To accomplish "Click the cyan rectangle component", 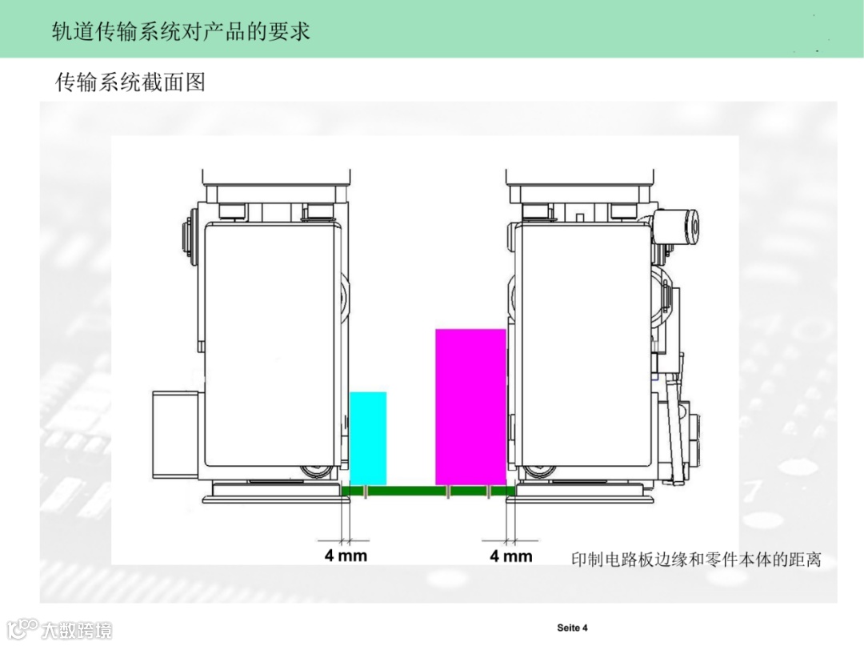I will click(x=368, y=438).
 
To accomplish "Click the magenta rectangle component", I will click(x=470, y=407).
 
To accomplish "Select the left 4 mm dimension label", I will click(x=346, y=555).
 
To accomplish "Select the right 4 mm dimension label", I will click(x=510, y=555).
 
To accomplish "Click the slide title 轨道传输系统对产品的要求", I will click(x=180, y=30).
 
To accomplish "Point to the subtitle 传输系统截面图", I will click(x=130, y=82).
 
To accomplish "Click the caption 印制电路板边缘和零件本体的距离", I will click(x=696, y=559).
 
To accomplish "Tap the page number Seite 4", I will click(x=572, y=627).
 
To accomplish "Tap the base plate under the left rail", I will click(x=272, y=497).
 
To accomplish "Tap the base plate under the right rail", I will click(x=584, y=497).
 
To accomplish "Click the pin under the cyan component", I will click(x=365, y=492).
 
